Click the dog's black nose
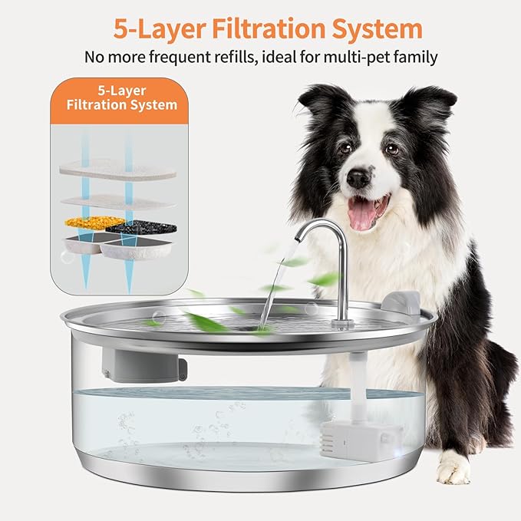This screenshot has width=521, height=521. click(358, 178)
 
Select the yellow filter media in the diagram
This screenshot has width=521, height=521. click(94, 223)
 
